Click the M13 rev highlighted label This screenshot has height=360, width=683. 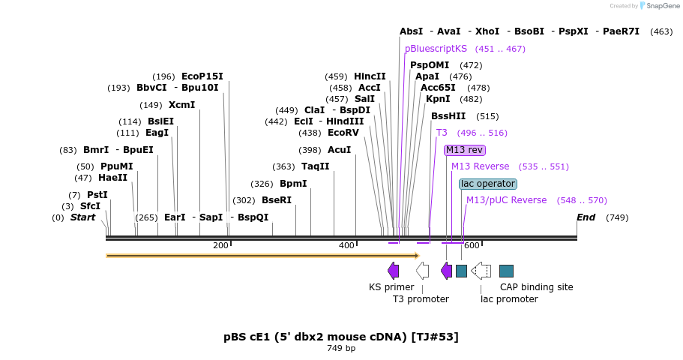click(x=465, y=150)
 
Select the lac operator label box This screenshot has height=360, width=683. click(x=488, y=184)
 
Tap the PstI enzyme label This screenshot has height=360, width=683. click(x=97, y=195)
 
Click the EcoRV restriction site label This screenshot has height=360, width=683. click(x=343, y=133)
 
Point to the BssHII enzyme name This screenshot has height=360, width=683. click(x=448, y=116)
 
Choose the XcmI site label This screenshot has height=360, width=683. click(x=181, y=105)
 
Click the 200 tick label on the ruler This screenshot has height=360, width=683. click(x=220, y=246)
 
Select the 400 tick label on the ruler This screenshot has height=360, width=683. click(x=346, y=246)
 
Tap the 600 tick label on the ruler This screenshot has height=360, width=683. click(x=471, y=246)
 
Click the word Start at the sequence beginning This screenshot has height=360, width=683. click(x=82, y=217)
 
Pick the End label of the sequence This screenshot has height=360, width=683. click(x=586, y=217)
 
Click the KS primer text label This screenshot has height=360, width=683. click(x=391, y=287)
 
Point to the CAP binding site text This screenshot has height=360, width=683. click(x=536, y=287)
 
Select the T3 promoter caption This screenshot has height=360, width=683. click(x=421, y=299)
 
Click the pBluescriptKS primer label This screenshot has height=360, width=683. click(x=436, y=49)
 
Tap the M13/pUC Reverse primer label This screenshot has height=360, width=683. click(x=507, y=200)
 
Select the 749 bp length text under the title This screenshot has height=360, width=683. click(x=341, y=348)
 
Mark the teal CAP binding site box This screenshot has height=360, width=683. click(x=506, y=271)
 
